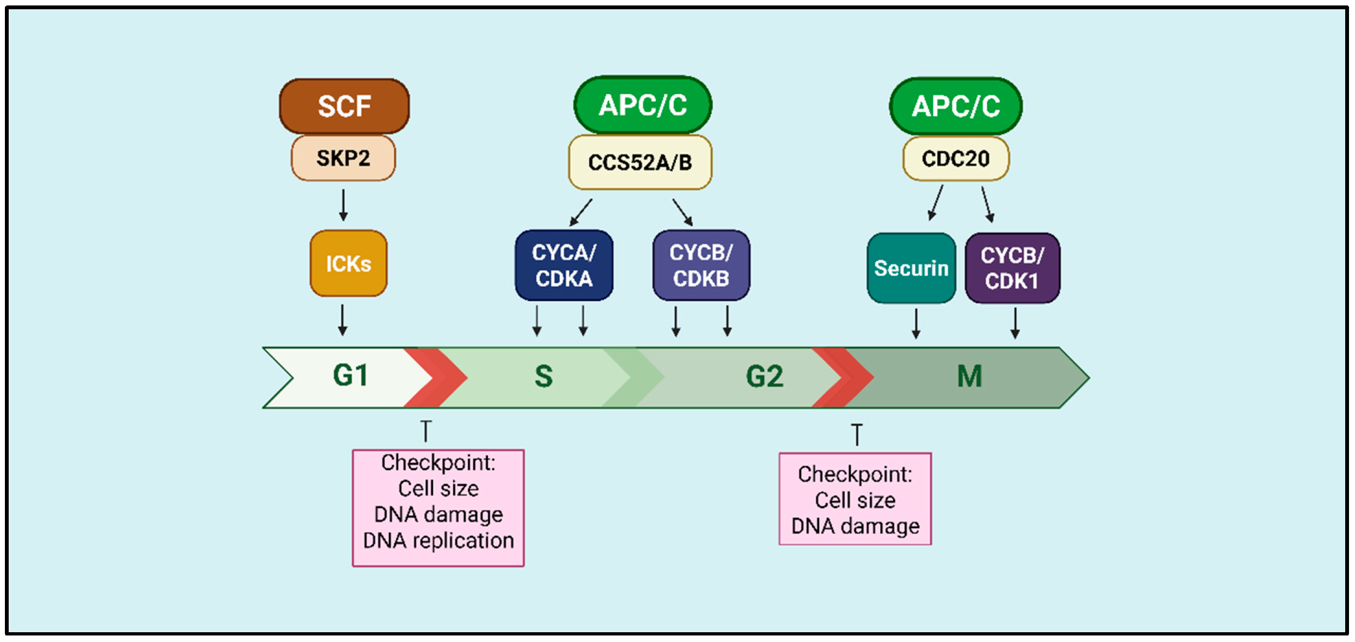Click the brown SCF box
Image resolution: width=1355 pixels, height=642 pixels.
344,106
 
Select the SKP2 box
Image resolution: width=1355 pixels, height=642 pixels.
344,158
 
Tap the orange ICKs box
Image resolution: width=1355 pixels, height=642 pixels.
349,264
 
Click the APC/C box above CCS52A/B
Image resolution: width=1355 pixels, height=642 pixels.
643,105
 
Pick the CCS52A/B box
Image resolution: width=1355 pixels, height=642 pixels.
640,162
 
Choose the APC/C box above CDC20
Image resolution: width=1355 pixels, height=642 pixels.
956,106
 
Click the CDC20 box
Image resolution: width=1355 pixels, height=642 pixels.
956,158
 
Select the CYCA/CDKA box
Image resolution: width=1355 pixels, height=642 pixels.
564,265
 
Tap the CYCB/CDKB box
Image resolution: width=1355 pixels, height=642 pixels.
701,265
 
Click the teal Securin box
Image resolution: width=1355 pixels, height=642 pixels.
911,268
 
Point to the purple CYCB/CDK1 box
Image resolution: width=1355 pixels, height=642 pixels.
1012,268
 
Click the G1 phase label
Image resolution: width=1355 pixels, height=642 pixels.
351,376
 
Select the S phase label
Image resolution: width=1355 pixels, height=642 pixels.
544,376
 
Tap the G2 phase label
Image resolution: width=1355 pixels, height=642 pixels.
765,376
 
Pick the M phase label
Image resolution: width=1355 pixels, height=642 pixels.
970,376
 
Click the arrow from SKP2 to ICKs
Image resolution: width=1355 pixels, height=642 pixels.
343,205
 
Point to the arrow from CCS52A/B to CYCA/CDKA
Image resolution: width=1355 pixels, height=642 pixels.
581,212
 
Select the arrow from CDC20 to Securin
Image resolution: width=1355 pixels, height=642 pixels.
936,203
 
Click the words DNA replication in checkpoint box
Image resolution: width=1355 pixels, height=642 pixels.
438,541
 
